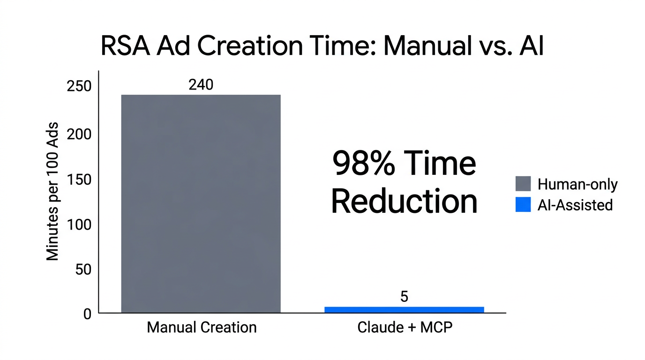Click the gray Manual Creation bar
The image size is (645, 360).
pyautogui.click(x=201, y=203)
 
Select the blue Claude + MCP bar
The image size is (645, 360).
pyautogui.click(x=404, y=310)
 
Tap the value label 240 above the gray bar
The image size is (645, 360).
pyautogui.click(x=201, y=85)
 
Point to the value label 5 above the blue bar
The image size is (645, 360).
pyautogui.click(x=404, y=297)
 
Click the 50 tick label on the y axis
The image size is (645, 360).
pyautogui.click(x=82, y=270)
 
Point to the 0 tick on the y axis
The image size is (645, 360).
pyautogui.click(x=87, y=314)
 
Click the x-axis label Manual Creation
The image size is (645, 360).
pyautogui.click(x=202, y=327)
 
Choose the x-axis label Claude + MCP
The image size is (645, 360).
pyautogui.click(x=405, y=327)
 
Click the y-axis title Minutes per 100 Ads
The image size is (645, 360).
pyautogui.click(x=53, y=192)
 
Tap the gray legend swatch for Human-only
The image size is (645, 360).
pyautogui.click(x=523, y=184)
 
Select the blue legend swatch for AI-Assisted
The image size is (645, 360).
pyautogui.click(x=523, y=204)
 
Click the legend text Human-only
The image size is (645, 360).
pyautogui.click(x=577, y=184)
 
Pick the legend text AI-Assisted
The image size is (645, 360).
pyautogui.click(x=575, y=205)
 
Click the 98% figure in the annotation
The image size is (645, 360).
pyautogui.click(x=363, y=165)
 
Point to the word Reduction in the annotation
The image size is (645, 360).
pyautogui.click(x=404, y=202)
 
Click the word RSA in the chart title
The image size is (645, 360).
pyautogui.click(x=124, y=47)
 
